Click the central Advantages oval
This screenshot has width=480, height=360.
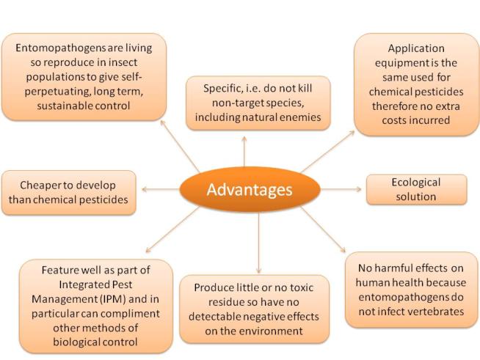[250, 189]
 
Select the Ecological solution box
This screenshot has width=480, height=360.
[417, 190]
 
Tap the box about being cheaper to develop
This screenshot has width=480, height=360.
[69, 193]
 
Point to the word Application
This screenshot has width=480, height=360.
[416, 48]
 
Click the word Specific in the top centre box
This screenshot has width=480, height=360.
[223, 89]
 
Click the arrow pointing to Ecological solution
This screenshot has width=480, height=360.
[341, 189]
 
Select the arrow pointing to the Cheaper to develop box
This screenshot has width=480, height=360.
[161, 189]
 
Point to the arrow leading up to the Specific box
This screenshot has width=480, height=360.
[244, 151]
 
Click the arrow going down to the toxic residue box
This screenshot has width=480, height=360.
[258, 243]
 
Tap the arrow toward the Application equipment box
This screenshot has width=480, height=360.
[328, 151]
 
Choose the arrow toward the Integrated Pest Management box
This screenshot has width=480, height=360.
[172, 229]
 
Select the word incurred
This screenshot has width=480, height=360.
[432, 120]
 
